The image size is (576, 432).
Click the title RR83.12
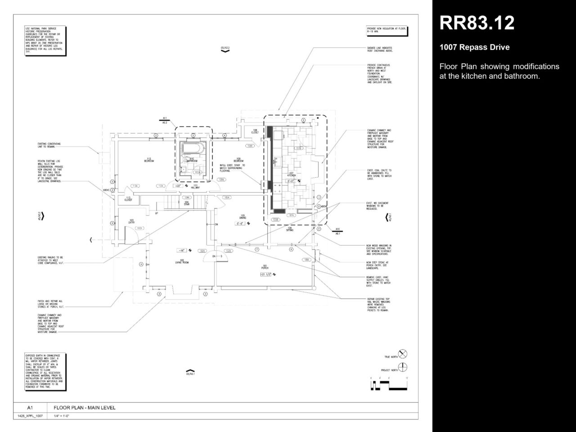477,23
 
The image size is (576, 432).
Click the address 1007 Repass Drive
474,47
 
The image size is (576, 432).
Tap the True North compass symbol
403,354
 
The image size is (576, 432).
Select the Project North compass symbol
403,367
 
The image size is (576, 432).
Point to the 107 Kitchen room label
291,174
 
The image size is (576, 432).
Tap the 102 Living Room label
181,261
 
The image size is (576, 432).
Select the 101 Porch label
265,266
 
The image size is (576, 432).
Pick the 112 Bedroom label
148,160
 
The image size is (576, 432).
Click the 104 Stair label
186,203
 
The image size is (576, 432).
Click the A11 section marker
165,120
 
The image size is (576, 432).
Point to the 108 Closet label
255,131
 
